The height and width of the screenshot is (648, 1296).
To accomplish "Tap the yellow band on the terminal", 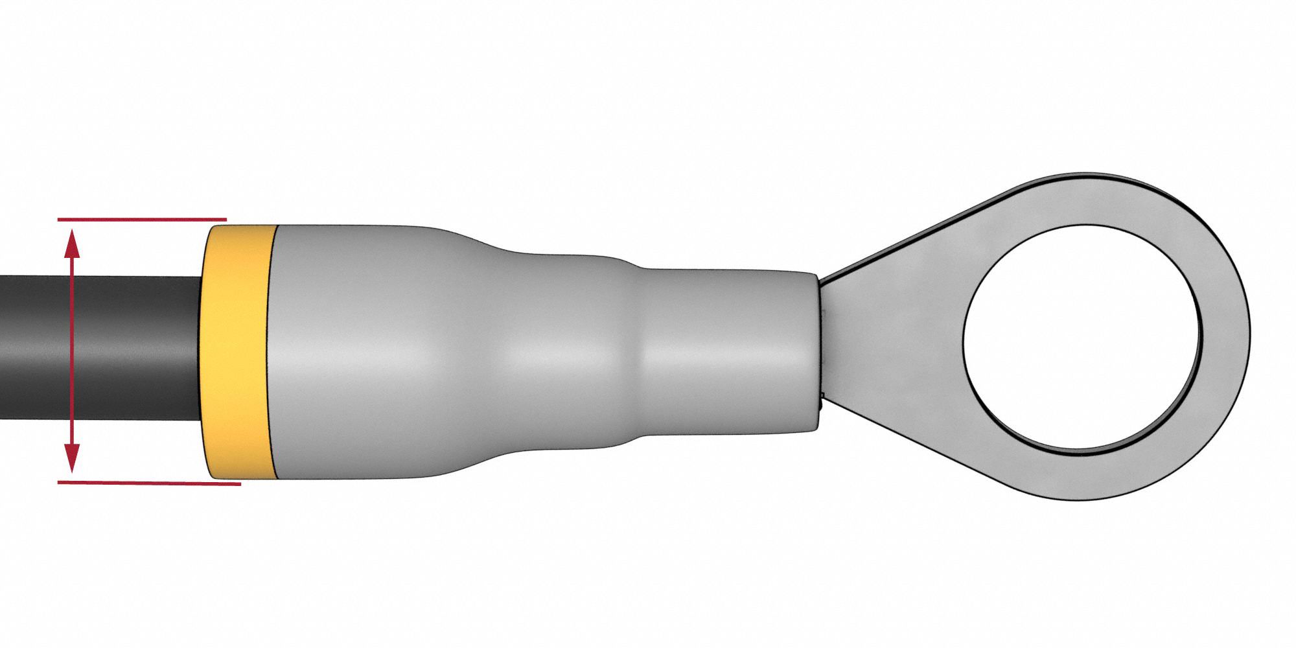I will pos(237,353).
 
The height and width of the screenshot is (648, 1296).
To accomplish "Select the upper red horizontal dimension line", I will pos(142,220).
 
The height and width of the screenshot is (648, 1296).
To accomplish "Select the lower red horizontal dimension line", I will pos(149,483).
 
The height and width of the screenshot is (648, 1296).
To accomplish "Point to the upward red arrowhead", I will pos(72,246).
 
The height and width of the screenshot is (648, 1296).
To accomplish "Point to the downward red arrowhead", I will pos(72,457).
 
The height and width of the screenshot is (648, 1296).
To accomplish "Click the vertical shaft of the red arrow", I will pos(72,350).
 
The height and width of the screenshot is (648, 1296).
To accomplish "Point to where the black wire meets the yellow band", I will pos(201,350).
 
